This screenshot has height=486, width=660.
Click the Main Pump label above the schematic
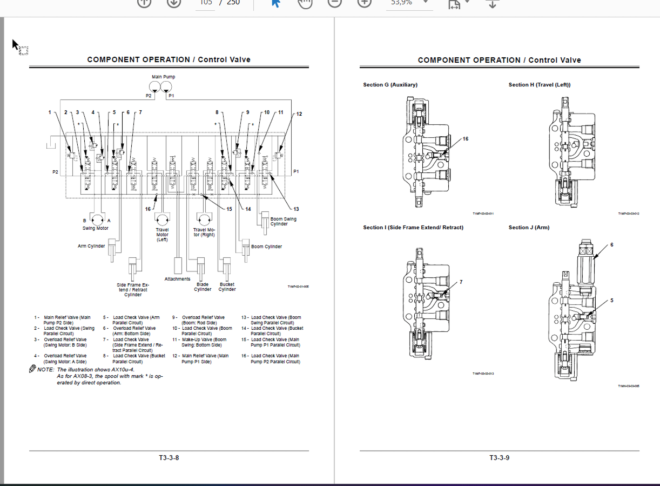[163, 77]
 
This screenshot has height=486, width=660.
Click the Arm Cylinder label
[91, 247]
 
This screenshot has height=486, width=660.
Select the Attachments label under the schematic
[177, 279]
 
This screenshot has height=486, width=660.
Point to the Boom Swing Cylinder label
[283, 222]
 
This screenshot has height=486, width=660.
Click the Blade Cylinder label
[203, 287]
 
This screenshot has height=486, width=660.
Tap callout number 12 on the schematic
[299, 114]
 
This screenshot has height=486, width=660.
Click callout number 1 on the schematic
[49, 112]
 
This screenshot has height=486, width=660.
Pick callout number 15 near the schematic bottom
[229, 209]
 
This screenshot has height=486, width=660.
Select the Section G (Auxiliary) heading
[390, 85]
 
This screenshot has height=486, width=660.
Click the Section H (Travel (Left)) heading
[539, 85]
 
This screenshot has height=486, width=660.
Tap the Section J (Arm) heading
[529, 228]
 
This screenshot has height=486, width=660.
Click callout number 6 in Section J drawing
[612, 245]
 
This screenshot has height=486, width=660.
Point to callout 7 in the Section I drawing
[461, 282]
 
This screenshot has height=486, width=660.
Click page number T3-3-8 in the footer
[169, 458]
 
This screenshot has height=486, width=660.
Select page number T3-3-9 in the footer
[499, 458]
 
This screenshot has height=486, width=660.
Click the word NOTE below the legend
[45, 369]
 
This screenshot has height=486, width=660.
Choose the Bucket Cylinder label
[227, 287]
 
